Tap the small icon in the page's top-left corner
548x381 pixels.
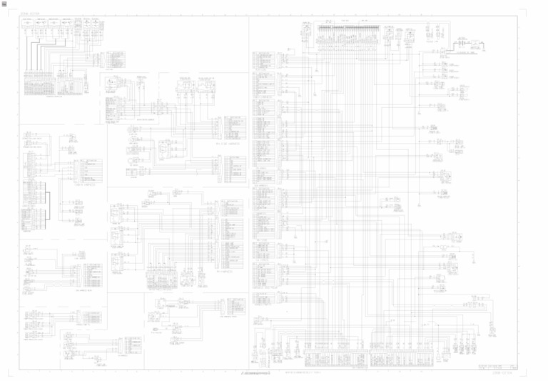(4, 4)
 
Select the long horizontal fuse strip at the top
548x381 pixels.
(347, 31)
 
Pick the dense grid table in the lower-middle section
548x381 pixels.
(161, 279)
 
